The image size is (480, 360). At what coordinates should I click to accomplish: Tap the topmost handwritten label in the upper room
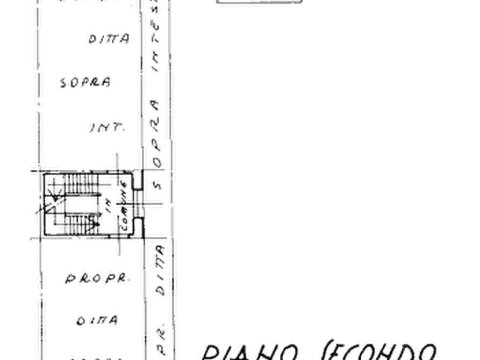pyautogui.click(x=108, y=39)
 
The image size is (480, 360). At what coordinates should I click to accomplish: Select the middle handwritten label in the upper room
pyautogui.click(x=86, y=83)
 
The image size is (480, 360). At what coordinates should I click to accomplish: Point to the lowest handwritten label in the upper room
pyautogui.click(x=107, y=127)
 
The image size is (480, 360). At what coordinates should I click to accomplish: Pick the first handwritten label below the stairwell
pyautogui.click(x=97, y=279)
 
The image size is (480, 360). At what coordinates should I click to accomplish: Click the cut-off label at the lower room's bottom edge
pyautogui.click(x=97, y=356)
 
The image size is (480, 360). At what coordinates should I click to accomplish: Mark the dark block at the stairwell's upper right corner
pyautogui.click(x=139, y=181)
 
